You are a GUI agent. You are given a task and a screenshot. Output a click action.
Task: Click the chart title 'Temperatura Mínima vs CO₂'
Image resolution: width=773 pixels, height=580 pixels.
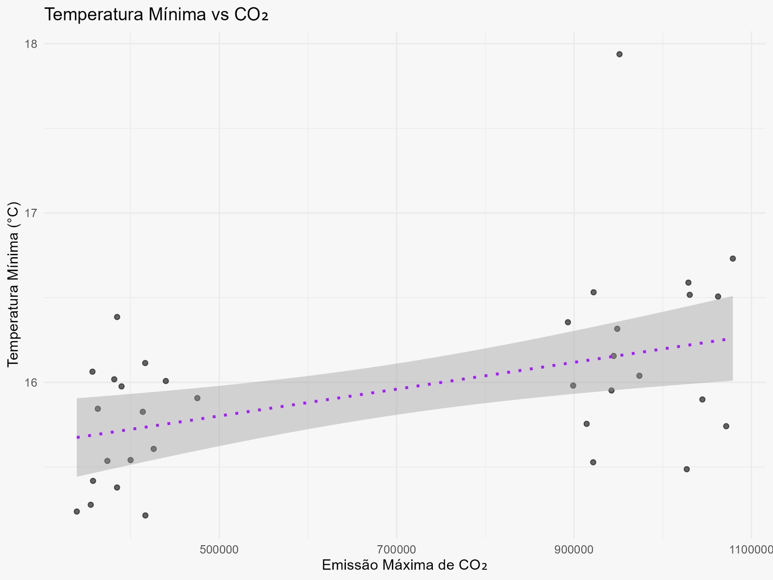(x=156, y=15)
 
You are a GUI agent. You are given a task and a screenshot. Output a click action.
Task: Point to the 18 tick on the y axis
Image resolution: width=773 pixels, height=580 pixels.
(x=31, y=44)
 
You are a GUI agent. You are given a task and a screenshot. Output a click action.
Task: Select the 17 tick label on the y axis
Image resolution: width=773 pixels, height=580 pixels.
(x=31, y=213)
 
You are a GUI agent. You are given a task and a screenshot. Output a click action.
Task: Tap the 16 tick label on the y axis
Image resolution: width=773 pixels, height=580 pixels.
(x=31, y=382)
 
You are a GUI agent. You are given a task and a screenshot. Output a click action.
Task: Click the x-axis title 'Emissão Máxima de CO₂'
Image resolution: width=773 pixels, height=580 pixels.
(x=404, y=565)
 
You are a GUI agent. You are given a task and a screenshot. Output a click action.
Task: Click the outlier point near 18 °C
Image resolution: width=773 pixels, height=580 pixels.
(x=619, y=54)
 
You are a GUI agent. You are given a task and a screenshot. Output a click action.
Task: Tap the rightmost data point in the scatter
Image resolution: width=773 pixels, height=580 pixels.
(x=732, y=259)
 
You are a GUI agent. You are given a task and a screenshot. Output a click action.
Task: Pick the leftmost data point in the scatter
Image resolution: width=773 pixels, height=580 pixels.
(x=76, y=511)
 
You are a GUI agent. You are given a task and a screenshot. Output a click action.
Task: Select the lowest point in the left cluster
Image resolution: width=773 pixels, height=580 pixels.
(x=145, y=515)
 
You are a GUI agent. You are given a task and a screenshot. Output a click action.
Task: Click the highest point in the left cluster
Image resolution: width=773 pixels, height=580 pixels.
(x=117, y=317)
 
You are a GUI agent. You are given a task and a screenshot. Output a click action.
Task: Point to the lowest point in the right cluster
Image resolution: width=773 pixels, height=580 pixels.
(x=687, y=469)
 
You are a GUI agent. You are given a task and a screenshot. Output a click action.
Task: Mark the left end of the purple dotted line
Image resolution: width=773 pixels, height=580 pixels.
(x=77, y=437)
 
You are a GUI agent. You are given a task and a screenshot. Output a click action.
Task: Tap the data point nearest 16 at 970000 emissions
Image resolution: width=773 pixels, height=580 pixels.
(x=639, y=376)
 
